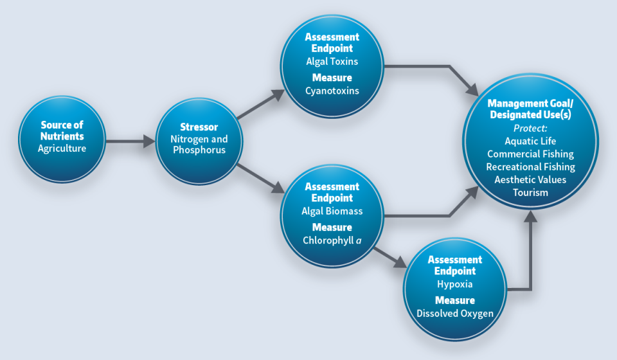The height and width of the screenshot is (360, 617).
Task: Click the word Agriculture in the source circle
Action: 62,148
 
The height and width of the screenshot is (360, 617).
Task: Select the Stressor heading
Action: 200,127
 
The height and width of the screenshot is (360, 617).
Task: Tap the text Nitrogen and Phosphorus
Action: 200,145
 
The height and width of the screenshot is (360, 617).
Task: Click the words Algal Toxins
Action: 332,62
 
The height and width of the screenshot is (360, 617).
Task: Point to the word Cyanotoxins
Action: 332,91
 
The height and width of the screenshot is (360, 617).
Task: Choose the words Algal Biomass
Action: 332,211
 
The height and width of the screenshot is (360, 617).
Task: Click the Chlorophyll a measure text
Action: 332,240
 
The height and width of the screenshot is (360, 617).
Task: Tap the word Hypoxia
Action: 454,284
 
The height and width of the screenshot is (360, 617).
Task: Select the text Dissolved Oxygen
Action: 454,313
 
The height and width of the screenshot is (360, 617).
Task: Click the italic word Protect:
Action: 530,128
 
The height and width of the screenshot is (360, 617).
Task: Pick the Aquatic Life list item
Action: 530,141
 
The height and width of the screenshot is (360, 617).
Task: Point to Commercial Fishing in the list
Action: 530,154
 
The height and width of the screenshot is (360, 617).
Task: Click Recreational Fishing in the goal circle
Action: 530,166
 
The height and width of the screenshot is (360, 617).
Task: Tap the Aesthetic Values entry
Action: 530,179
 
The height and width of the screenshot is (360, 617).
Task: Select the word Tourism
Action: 530,192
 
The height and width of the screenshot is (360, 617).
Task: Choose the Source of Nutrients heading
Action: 62,130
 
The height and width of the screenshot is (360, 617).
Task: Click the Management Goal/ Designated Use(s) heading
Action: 530,109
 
